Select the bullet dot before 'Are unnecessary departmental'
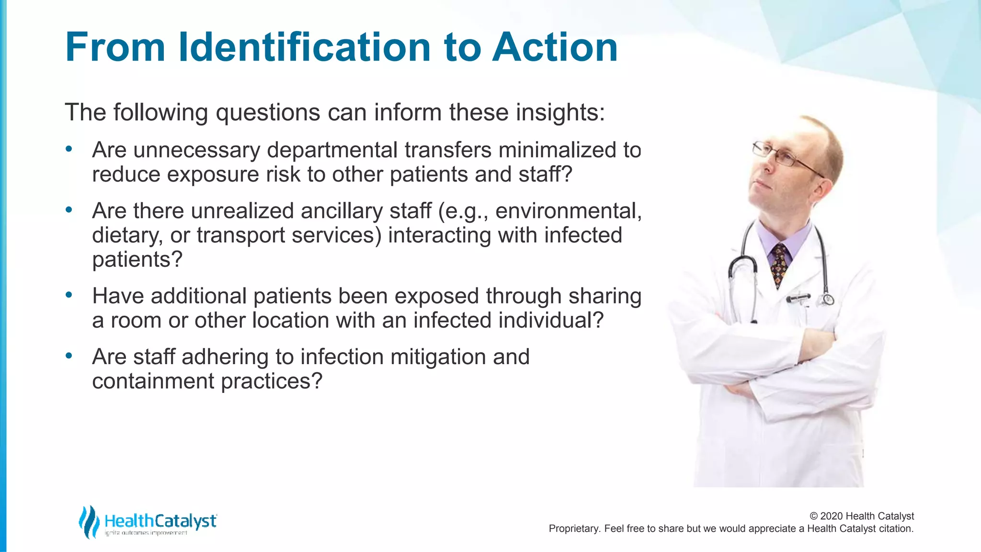[x=69, y=149]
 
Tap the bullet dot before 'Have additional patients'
[x=69, y=295]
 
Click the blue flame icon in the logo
[x=89, y=521]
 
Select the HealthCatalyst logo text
[x=160, y=521]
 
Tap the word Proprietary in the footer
[x=573, y=529]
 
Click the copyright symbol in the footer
[x=813, y=516]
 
